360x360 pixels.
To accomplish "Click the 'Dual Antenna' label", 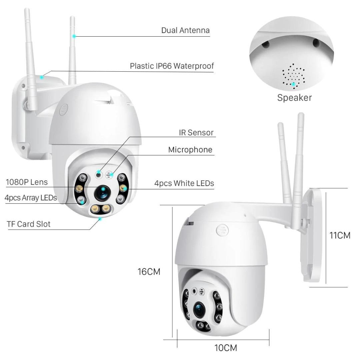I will [185, 30].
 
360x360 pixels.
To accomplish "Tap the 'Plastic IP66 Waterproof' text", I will [172, 66].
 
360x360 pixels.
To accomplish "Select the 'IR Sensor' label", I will [196, 133].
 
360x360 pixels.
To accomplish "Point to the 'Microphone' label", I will [190, 150].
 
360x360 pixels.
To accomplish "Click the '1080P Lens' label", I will [27, 182].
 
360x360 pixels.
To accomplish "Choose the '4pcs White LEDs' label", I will [184, 183].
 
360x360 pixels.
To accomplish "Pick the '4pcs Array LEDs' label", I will [31, 197].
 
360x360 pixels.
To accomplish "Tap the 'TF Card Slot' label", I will [29, 224].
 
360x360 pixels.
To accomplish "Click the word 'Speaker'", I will [294, 98].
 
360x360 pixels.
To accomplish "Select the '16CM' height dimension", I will [149, 272].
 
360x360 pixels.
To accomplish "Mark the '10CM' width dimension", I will [226, 348].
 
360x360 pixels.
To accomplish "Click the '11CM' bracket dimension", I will [340, 235].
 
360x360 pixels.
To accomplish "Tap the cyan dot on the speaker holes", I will [293, 84].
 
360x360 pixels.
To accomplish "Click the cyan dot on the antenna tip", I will [74, 36].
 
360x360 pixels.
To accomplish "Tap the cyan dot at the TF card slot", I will [100, 219].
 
